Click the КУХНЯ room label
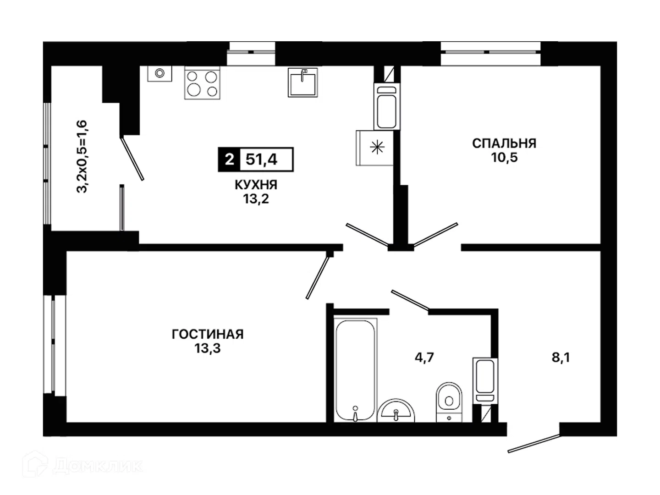tap(256, 185)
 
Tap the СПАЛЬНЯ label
tap(504, 143)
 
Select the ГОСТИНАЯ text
tap(208, 334)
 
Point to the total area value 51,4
tap(261, 159)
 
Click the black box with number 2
tap(229, 159)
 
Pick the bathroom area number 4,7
tap(424, 357)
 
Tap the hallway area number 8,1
tap(561, 357)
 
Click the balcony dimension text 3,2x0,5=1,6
tap(82, 156)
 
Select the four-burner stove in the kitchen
tap(202, 83)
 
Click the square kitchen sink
tap(302, 82)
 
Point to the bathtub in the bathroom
tap(355, 370)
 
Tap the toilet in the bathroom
tap(449, 402)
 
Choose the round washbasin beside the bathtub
tap(396, 411)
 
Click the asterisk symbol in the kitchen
tap(377, 148)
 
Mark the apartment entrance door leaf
tap(534, 443)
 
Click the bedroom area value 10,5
tap(504, 157)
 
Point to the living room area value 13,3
tap(208, 348)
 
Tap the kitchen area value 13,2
tap(256, 199)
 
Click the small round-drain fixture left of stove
tap(159, 73)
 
